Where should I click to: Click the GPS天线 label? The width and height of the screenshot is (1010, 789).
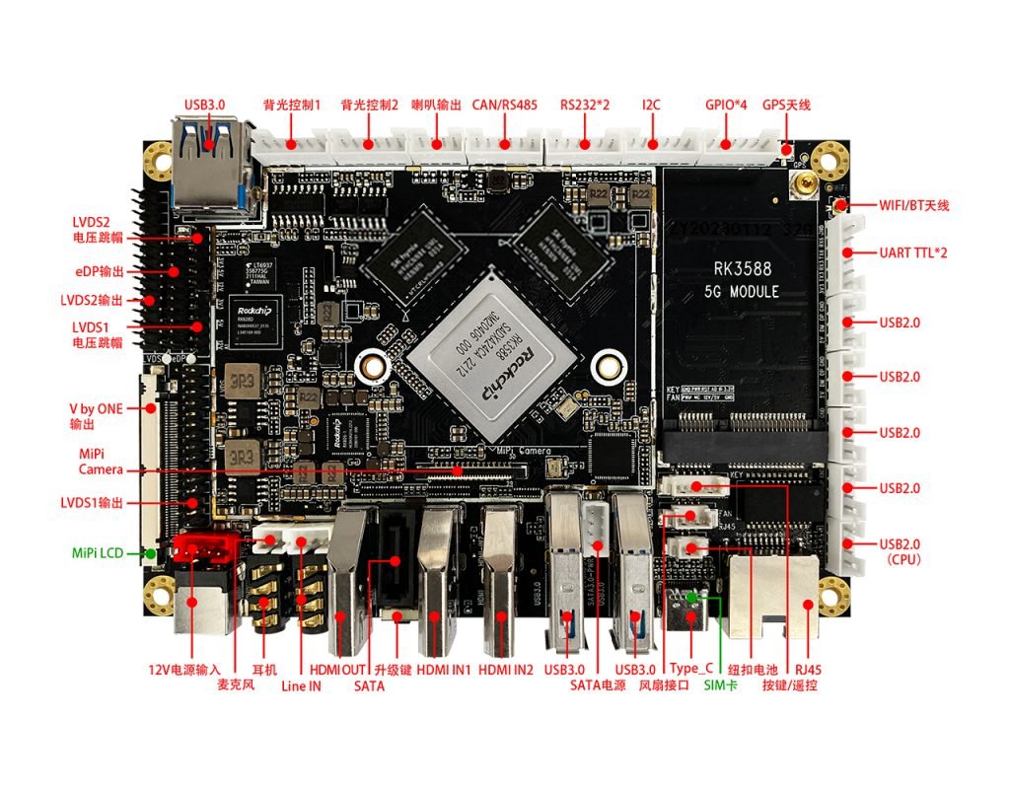coord(786,105)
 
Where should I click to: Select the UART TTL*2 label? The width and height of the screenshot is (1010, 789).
coord(913,253)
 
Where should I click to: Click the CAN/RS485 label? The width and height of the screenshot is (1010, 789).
coord(504,105)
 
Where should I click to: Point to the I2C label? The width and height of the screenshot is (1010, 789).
coord(651,105)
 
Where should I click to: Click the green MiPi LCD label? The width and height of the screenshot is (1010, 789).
coord(98,553)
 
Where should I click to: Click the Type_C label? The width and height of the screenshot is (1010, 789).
coord(690,669)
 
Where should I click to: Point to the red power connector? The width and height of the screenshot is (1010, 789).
coord(204,548)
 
